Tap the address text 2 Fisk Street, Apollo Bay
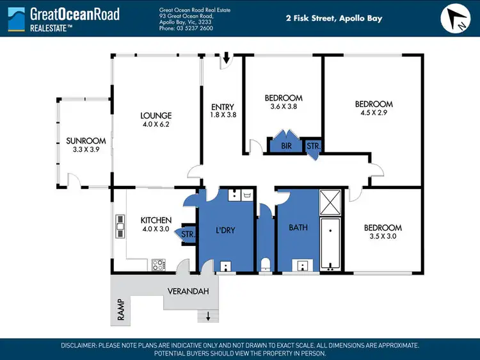(x=333, y=19)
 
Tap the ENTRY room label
(x=223, y=107)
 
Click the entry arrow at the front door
(x=227, y=61)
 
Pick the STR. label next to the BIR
(x=313, y=146)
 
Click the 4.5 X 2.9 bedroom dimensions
(x=374, y=113)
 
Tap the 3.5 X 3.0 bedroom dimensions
(x=383, y=236)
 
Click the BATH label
(x=298, y=227)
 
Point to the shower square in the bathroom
(x=331, y=202)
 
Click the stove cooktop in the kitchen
(x=158, y=263)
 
